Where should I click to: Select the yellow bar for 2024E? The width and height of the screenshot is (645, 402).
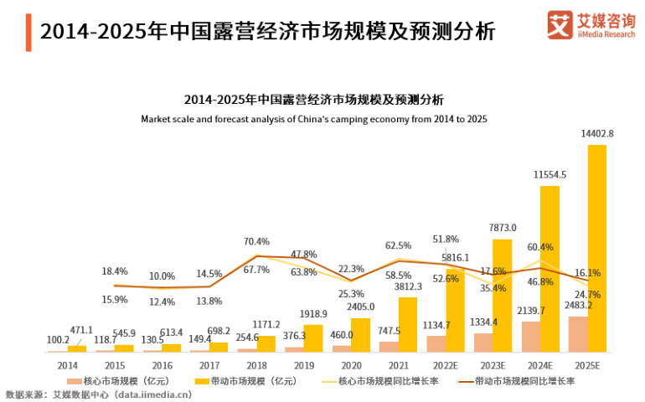(x=550, y=268)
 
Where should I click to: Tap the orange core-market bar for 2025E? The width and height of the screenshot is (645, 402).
(x=577, y=333)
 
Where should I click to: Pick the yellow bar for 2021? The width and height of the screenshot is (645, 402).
(x=408, y=324)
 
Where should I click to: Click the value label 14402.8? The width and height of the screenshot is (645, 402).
(x=597, y=133)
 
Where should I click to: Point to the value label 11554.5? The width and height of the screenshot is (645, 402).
(x=550, y=174)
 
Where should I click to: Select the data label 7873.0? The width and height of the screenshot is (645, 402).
(x=503, y=228)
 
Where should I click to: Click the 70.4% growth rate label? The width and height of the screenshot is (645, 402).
(x=256, y=241)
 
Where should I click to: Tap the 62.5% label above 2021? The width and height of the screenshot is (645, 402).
(x=398, y=245)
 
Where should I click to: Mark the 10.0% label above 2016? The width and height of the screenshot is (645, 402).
(x=163, y=276)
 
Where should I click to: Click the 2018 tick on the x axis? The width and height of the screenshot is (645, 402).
(x=256, y=365)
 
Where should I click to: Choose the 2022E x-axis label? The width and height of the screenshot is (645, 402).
(x=446, y=365)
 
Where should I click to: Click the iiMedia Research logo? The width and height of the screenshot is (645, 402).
(x=591, y=24)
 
